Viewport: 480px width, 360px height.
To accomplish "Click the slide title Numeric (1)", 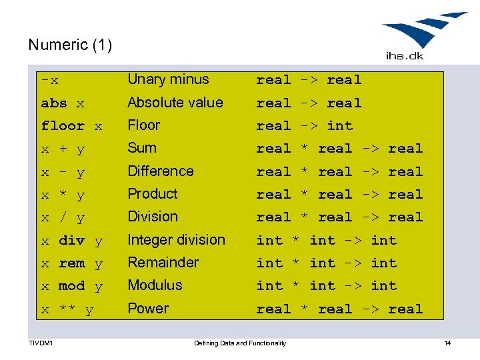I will (70, 45).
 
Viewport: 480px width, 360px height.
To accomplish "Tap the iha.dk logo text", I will (405, 56).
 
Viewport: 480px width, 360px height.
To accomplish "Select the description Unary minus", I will (168, 79).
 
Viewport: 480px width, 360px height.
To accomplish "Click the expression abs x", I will (63, 103).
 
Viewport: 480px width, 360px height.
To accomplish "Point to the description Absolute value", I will (175, 103).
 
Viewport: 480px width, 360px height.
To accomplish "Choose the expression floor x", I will (71, 126).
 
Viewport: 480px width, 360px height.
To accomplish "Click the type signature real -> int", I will (305, 125).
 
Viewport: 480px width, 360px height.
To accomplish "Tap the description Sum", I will (142, 148).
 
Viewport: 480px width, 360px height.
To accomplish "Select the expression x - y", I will (63, 172).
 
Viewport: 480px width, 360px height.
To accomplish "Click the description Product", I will (153, 194).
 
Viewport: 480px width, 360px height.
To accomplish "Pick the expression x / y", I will (63, 218).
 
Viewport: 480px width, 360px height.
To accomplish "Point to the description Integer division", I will (176, 240).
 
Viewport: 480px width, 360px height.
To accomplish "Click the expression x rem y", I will (72, 263).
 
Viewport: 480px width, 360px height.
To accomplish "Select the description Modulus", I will (155, 285).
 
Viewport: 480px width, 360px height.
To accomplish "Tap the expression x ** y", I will (67, 309).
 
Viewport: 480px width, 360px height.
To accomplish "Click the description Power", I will (148, 309).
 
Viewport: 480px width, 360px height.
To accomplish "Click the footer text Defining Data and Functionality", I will (240, 343).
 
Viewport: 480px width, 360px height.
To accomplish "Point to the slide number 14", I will (447, 343).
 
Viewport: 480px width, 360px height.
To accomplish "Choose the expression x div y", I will (72, 241).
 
